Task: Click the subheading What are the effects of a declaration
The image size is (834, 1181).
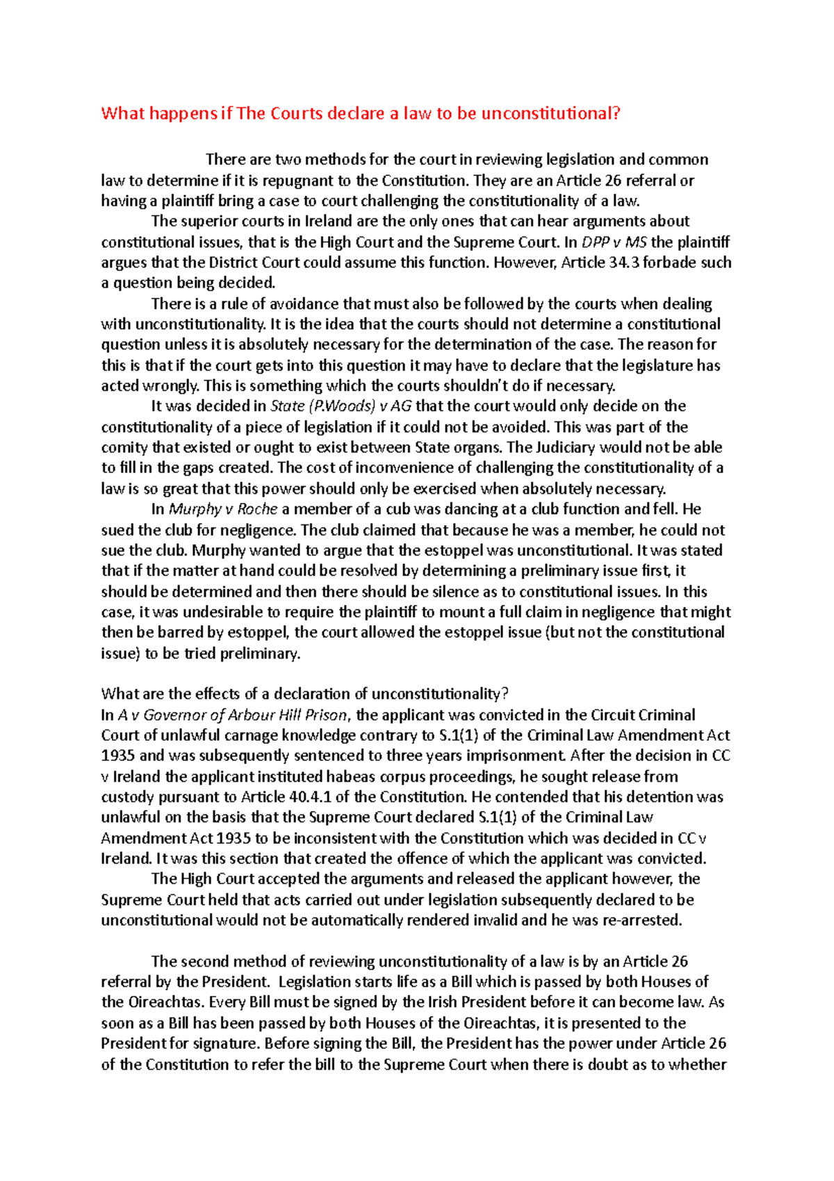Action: tap(304, 694)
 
